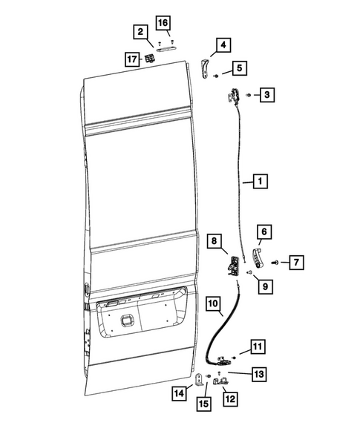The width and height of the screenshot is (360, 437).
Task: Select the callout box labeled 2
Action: [140, 32]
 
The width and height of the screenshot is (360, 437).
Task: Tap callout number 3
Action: [267, 94]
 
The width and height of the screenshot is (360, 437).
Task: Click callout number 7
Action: [295, 261]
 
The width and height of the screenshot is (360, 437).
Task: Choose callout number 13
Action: [257, 374]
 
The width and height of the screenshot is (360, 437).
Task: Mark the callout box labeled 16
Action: [163, 22]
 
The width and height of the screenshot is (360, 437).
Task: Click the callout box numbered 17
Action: [133, 59]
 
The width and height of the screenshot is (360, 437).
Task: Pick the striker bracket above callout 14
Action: [198, 381]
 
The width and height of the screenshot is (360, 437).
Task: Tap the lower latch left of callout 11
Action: [222, 361]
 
